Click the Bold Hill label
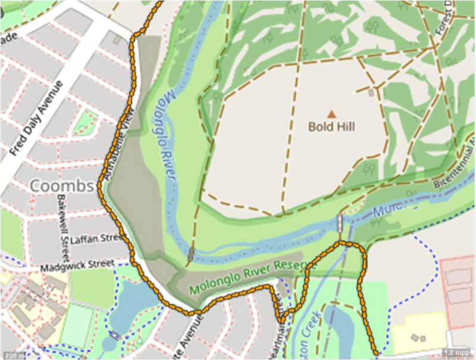(x=331, y=126)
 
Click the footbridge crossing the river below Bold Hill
(x=340, y=224)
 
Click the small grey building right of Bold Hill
(x=372, y=93)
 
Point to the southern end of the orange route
(x=376, y=355)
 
